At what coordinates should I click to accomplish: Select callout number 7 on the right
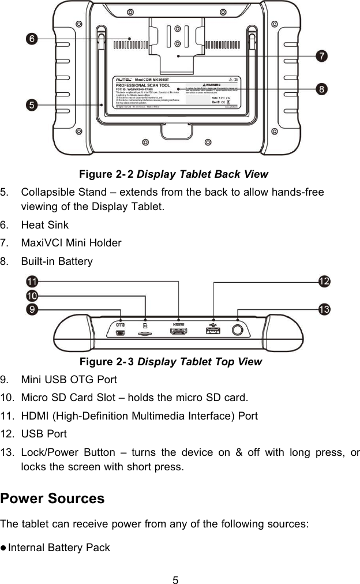(x=322, y=56)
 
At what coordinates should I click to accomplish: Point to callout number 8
(x=322, y=88)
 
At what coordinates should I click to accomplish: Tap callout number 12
(x=325, y=281)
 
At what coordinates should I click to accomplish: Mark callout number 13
(x=325, y=310)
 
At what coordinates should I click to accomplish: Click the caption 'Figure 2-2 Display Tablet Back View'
(x=173, y=174)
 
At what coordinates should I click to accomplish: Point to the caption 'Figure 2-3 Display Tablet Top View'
(x=170, y=362)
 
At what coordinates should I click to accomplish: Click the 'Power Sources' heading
(x=52, y=498)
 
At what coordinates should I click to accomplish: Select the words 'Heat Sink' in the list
(x=45, y=224)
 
